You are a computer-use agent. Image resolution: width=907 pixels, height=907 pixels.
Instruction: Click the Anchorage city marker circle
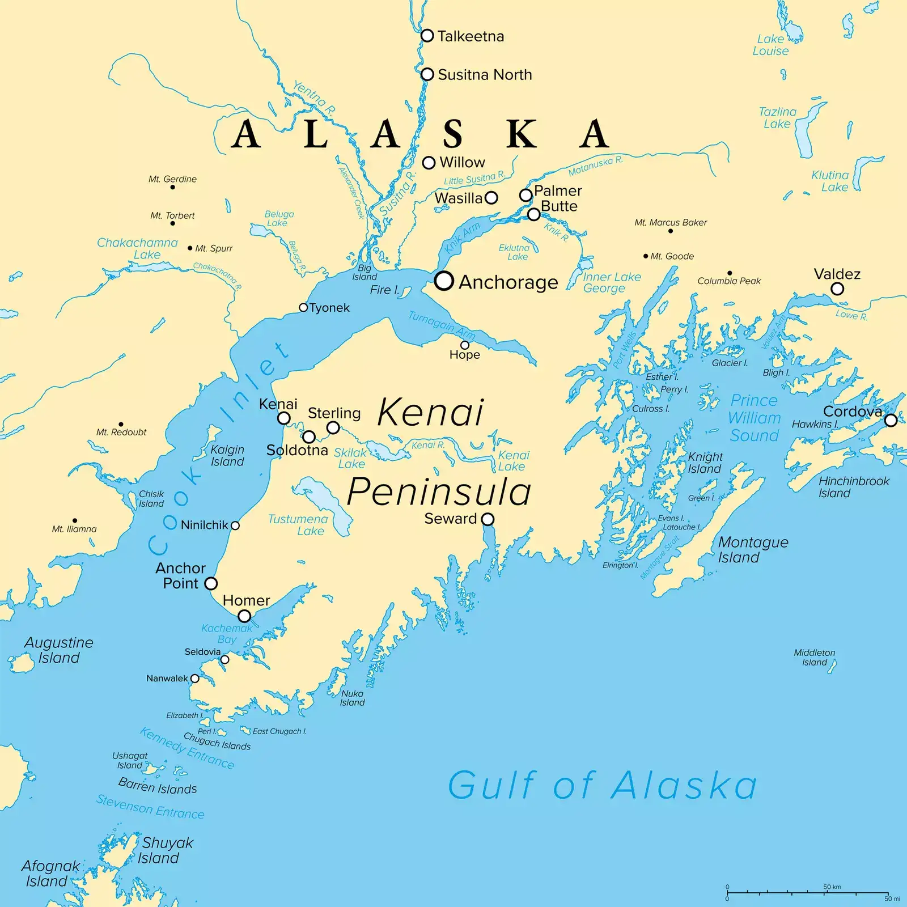click(x=444, y=281)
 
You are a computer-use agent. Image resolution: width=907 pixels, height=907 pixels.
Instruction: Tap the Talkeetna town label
click(x=471, y=36)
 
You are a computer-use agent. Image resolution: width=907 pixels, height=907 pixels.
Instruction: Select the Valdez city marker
click(x=837, y=289)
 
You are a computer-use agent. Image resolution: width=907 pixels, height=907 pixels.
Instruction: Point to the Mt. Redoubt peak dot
click(x=121, y=424)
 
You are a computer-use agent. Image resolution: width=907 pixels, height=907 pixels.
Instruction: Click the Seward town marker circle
click(x=488, y=519)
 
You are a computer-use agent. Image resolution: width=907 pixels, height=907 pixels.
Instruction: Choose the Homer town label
click(x=246, y=600)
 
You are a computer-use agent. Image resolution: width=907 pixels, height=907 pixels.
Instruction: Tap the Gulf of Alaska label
click(x=602, y=786)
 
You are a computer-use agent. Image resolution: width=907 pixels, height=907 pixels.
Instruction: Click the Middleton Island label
click(x=814, y=658)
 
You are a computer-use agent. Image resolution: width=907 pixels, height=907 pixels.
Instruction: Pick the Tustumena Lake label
click(x=298, y=525)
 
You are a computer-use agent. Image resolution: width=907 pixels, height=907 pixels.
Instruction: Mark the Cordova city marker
click(x=891, y=420)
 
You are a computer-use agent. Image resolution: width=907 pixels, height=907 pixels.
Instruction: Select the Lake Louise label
click(x=770, y=45)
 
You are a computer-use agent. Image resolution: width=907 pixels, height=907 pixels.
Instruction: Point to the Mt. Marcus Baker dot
click(x=671, y=231)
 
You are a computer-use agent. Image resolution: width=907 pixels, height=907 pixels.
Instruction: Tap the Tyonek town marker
click(x=303, y=308)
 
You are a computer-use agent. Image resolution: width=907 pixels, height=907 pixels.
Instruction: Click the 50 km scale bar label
click(x=832, y=887)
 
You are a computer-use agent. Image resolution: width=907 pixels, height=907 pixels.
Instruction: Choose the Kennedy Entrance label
click(x=187, y=748)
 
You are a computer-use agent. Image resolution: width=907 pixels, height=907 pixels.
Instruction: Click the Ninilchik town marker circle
click(x=235, y=525)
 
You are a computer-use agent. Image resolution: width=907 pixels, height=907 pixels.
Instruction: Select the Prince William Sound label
click(x=755, y=418)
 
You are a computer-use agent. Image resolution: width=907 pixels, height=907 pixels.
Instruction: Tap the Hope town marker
click(x=465, y=345)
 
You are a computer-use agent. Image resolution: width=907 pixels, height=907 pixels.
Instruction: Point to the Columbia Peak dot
click(x=730, y=273)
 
